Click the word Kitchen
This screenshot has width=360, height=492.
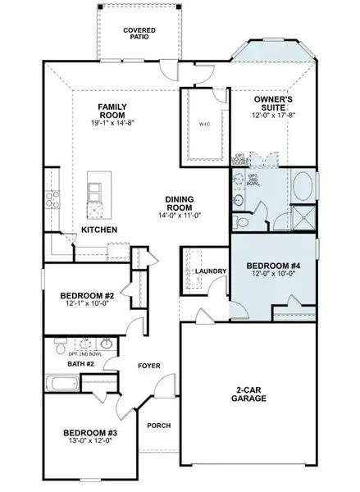coord(98,230)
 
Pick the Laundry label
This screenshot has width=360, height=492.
coord(211,271)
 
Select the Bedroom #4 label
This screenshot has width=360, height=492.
coord(271,266)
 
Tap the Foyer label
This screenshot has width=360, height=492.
coord(148,366)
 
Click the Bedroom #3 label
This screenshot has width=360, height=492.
coord(91,432)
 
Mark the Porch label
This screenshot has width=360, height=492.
coord(158,426)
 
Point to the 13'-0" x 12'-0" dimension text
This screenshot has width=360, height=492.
coord(91,442)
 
